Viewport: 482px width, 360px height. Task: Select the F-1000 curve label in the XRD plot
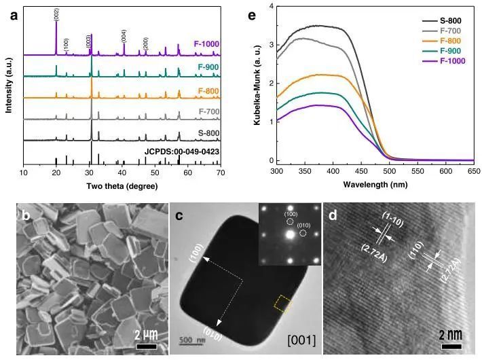206,44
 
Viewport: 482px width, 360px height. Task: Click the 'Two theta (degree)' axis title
122,184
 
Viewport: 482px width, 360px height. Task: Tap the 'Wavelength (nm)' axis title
360,184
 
